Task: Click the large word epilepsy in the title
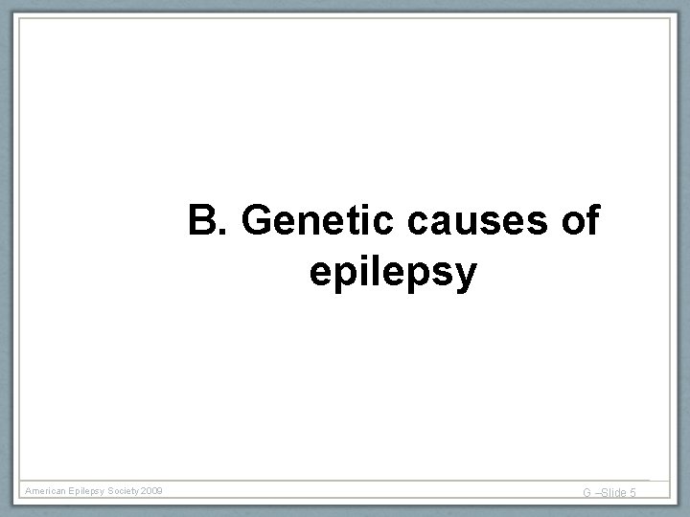pos(393,274)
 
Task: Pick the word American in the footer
pos(47,491)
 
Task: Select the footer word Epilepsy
pos(92,491)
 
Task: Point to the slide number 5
pos(633,493)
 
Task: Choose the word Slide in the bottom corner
pos(613,493)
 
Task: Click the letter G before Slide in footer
pos(587,493)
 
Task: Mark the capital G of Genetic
pos(259,222)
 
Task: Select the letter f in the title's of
pos(592,221)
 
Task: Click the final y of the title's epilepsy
pos(464,277)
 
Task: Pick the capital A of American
pos(29,491)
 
